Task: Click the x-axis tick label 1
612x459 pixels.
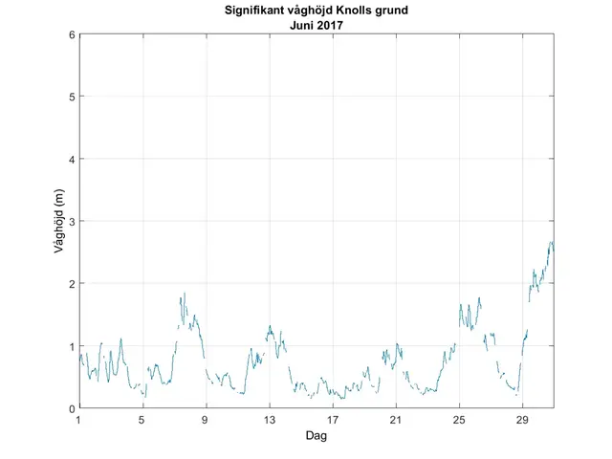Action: pyautogui.click(x=78, y=420)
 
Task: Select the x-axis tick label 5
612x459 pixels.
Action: pyautogui.click(x=142, y=420)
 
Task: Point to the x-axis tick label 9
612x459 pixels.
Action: pyautogui.click(x=206, y=420)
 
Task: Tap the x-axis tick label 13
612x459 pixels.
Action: pyautogui.click(x=269, y=420)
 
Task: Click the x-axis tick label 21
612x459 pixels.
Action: pyautogui.click(x=396, y=420)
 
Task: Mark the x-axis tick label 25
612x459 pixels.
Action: pyautogui.click(x=459, y=420)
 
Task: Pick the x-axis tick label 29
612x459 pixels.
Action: pyautogui.click(x=522, y=420)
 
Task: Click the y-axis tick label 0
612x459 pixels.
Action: pyautogui.click(x=70, y=408)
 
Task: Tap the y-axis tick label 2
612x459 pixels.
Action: pyautogui.click(x=70, y=284)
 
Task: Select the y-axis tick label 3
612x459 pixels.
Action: pyautogui.click(x=70, y=221)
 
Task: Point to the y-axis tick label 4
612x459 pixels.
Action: pyautogui.click(x=70, y=159)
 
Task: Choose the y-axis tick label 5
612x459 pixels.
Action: pyautogui.click(x=70, y=97)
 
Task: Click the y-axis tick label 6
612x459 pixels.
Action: pyautogui.click(x=70, y=34)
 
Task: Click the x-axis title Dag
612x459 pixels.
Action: pyautogui.click(x=316, y=435)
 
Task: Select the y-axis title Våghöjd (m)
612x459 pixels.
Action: pyautogui.click(x=58, y=221)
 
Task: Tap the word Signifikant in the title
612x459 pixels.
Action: pyautogui.click(x=266, y=12)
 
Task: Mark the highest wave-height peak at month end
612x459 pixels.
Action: pyautogui.click(x=551, y=242)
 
